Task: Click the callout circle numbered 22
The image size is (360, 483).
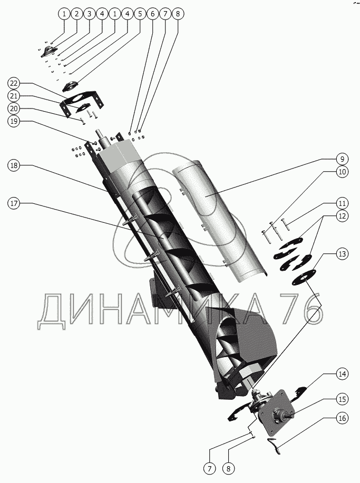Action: pos(15,83)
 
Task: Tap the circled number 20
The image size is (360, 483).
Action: pos(15,108)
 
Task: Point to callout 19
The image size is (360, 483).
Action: pos(15,121)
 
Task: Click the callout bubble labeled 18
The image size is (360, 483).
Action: pos(15,165)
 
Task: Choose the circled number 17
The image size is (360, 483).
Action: pos(15,204)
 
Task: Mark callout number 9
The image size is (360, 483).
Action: pos(341,158)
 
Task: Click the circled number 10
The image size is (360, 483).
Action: pos(341,171)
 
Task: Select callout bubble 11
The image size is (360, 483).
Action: pos(341,203)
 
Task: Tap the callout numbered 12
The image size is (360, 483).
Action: pos(341,216)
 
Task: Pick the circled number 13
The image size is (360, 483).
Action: pos(341,254)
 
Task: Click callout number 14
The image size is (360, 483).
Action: pos(341,374)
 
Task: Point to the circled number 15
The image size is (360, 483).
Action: pos(341,398)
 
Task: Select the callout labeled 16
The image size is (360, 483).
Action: pos(341,419)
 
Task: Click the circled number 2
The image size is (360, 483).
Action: pos(76,14)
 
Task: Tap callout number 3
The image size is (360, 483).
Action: pos(89,14)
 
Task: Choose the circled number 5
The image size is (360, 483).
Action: pos(140,14)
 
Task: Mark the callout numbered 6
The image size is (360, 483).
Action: pos(152,14)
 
